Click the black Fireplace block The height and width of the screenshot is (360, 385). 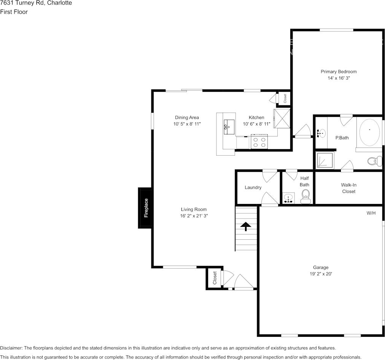[x=145, y=208]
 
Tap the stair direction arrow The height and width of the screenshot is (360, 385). [x=246, y=226]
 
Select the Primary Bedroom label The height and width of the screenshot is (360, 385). [x=338, y=72]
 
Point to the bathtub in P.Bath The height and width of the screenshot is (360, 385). [x=369, y=132]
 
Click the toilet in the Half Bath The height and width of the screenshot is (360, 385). [x=305, y=198]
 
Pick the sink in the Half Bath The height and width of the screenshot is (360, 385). [x=289, y=198]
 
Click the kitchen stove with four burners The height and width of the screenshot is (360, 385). [x=259, y=142]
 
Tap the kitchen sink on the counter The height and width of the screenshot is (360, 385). [x=229, y=125]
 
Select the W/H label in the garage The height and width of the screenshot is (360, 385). [x=371, y=213]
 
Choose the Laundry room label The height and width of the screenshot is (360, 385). [x=253, y=187]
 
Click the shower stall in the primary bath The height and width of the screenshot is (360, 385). [x=325, y=160]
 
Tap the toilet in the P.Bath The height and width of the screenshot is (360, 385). [x=375, y=161]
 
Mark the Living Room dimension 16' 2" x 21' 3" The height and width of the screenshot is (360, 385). [x=194, y=216]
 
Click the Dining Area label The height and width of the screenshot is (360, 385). [x=187, y=118]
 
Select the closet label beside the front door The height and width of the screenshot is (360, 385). [x=215, y=278]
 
